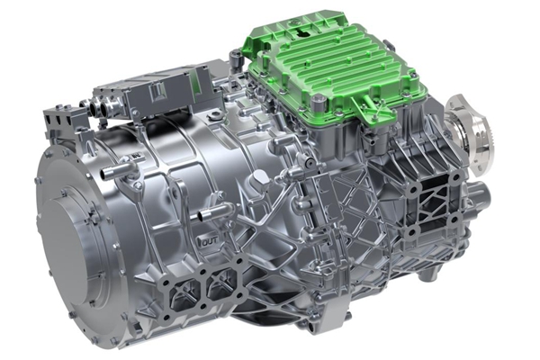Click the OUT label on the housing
tap(210, 242)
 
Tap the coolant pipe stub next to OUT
tap(215, 211)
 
